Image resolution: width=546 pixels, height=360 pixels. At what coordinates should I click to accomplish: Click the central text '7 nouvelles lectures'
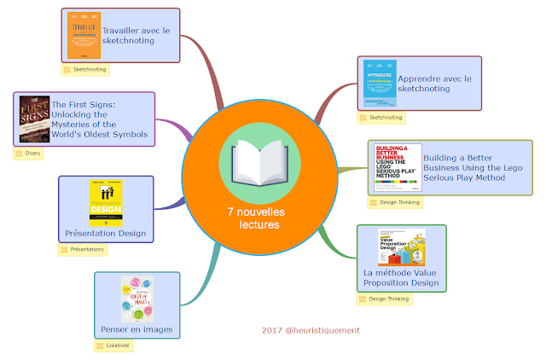coord(256,218)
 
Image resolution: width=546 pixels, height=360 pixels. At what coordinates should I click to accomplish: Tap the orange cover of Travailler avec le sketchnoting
coord(84,36)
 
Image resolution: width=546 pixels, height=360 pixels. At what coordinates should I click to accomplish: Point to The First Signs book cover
coord(34,118)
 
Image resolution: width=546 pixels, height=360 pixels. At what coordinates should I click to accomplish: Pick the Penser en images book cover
coord(136,298)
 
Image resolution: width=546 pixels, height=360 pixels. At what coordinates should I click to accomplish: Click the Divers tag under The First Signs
coord(28,154)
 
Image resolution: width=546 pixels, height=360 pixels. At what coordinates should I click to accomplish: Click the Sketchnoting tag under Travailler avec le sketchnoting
coord(84,69)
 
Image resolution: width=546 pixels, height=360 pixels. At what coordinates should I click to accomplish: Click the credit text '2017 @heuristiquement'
coord(311,330)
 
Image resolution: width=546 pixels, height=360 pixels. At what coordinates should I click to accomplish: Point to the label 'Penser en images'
coord(136,329)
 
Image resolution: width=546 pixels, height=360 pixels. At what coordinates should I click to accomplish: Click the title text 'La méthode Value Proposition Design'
coord(401,277)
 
